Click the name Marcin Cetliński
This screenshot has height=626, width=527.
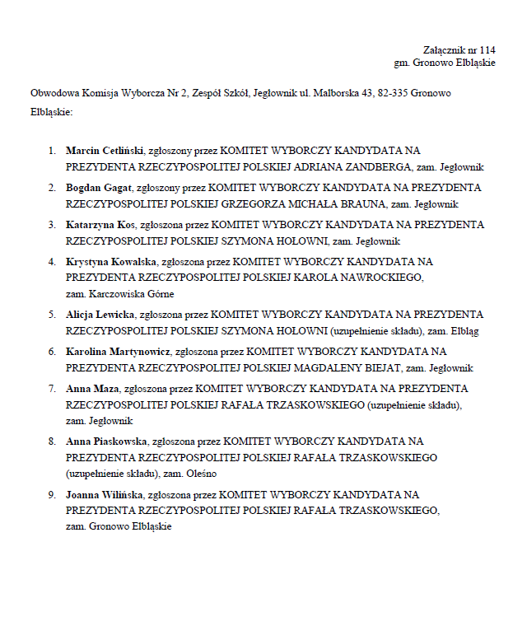point(105,151)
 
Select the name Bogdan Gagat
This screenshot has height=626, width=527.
point(99,187)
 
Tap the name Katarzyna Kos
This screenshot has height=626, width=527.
point(101,224)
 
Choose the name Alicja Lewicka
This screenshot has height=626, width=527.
point(100,314)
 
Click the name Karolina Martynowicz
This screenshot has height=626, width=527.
point(119,351)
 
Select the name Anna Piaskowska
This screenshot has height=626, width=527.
point(107,441)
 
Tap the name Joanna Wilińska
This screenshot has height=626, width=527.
point(104,494)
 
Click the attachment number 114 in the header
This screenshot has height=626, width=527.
point(487,49)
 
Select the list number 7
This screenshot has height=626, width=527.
point(50,388)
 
